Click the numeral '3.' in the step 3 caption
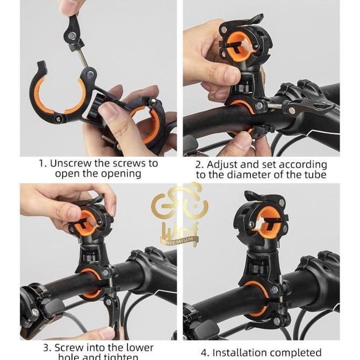[x=47, y=348]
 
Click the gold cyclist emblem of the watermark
[x=179, y=207]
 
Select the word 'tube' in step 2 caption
[x=314, y=175]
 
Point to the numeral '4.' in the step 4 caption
[x=205, y=353]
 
